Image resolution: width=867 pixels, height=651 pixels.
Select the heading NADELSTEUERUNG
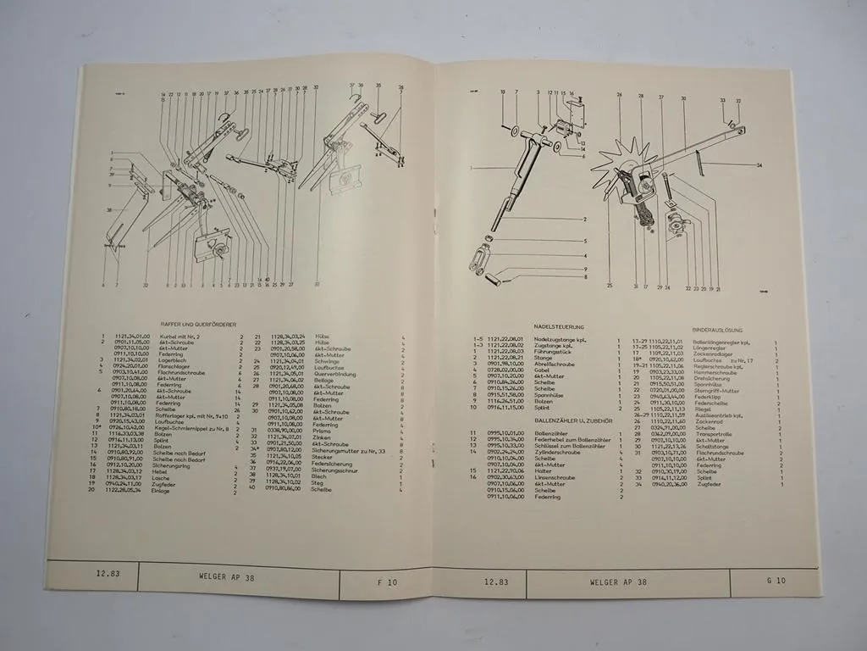(554, 326)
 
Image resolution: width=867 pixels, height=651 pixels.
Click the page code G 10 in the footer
(775, 581)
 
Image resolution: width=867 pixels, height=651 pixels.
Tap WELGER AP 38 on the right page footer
(618, 582)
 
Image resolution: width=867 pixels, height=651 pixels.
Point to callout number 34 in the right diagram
(759, 164)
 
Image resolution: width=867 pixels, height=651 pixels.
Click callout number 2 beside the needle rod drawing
(584, 219)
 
